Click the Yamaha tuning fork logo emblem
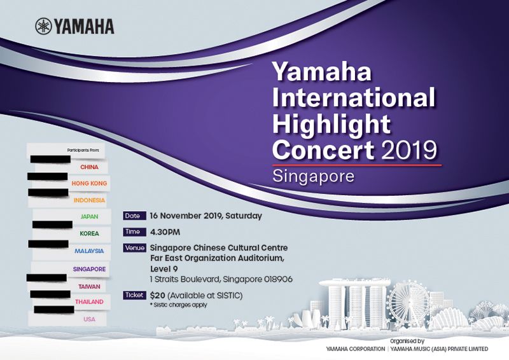[x=43, y=26]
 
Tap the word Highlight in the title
[x=331, y=123]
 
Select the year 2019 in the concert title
[x=409, y=149]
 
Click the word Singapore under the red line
[x=313, y=177]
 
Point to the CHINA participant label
[x=89, y=167]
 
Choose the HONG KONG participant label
[x=89, y=183]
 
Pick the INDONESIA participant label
[x=89, y=200]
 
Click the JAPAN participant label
[x=89, y=216]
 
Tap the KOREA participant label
[x=89, y=233]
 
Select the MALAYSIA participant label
[x=89, y=251]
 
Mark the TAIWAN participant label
[x=89, y=287]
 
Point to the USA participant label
[x=89, y=319]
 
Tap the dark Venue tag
[x=134, y=248]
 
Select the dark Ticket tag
[x=134, y=295]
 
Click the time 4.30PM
[x=165, y=232]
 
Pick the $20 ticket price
[x=157, y=296]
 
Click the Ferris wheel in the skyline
[x=409, y=303]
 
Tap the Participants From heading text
[x=83, y=150]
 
